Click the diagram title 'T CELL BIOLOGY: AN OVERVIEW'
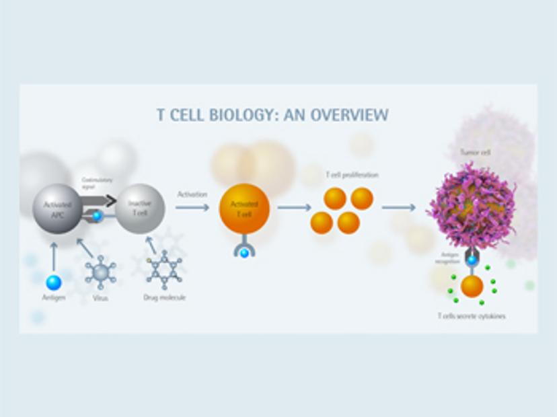click(x=272, y=114)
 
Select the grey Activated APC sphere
click(x=59, y=208)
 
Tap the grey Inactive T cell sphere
click(x=139, y=208)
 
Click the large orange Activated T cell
click(x=244, y=208)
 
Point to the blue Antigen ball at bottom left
click(x=54, y=282)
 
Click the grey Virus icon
click(x=100, y=273)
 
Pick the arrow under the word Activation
click(x=192, y=208)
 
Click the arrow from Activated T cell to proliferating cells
click(x=294, y=208)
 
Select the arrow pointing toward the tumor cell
click(x=399, y=208)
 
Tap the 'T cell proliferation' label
click(x=352, y=175)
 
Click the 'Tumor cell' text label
click(x=475, y=153)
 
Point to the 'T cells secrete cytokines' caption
click(x=472, y=316)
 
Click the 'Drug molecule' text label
click(x=164, y=297)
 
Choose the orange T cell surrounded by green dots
click(x=472, y=286)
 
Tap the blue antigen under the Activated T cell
click(x=244, y=253)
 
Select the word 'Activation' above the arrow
click(x=192, y=194)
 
